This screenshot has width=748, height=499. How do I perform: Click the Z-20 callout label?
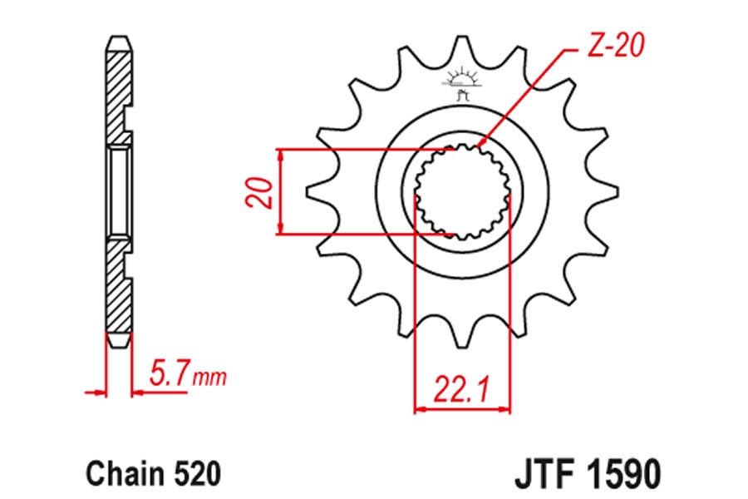615,46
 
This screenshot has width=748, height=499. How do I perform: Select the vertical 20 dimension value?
259,192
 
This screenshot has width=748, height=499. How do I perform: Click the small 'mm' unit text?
209,378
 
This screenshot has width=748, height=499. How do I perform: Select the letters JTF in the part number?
544,474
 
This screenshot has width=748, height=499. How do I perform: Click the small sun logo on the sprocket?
461,84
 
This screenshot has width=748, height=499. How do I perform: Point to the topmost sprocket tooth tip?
461,37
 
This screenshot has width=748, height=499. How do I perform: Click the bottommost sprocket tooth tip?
461,346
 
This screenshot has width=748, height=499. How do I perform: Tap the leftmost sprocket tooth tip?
308,191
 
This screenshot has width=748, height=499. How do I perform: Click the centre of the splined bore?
461,191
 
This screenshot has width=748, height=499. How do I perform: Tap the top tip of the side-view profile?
119,37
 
